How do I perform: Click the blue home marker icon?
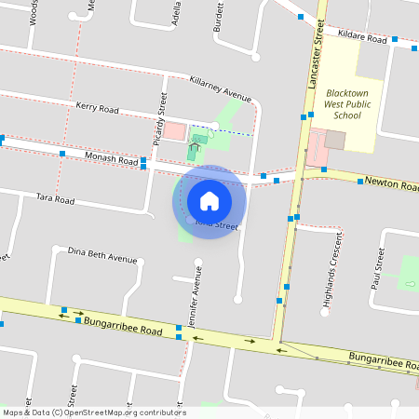click(209, 201)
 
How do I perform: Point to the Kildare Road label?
click(363, 37)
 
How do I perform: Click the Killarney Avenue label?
click(221, 88)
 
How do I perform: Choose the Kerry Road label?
click(98, 109)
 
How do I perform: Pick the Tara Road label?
click(54, 198)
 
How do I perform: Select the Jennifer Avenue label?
click(196, 297)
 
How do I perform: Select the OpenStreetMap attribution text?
click(93, 412)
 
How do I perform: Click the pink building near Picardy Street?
click(175, 131)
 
